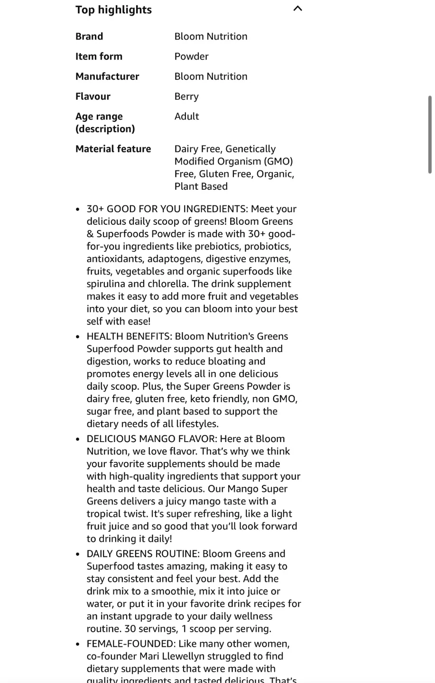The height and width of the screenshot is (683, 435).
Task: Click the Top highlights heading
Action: point(113,10)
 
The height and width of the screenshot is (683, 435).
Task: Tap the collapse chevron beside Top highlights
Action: point(298,9)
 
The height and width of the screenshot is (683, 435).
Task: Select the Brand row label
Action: point(89,37)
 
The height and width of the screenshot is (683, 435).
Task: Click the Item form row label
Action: point(99,56)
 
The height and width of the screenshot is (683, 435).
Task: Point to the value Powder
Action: point(191,56)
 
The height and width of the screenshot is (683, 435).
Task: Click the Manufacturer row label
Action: point(107,76)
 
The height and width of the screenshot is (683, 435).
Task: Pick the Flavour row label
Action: point(93,96)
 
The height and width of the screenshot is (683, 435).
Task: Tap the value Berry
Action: point(186,96)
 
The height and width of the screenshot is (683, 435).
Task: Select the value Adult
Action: point(186,116)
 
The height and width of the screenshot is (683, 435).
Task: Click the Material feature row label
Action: point(113,149)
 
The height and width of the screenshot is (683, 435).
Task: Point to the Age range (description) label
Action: point(105,122)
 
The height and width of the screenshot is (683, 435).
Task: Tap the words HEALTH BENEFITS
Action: point(129,336)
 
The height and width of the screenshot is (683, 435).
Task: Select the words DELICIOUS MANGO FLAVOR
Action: point(151,439)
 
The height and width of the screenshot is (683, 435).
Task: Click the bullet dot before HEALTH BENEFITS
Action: point(78,337)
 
